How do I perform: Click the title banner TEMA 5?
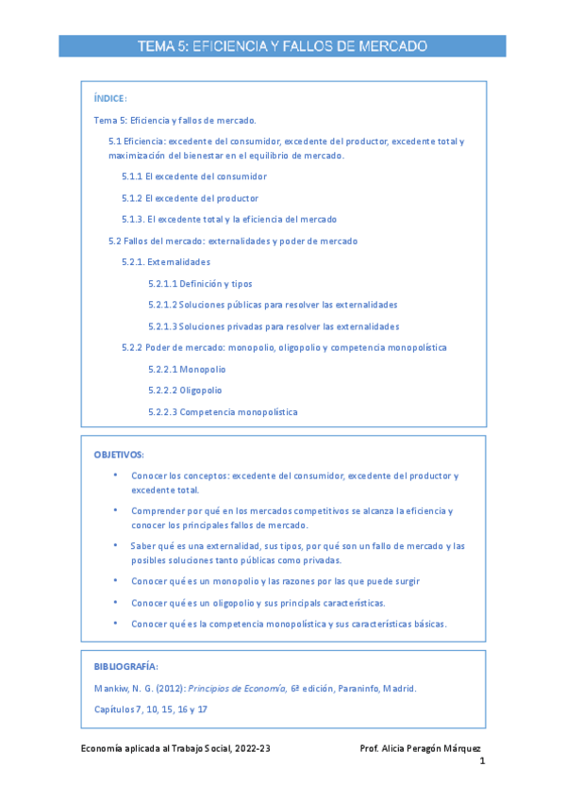tap(282, 46)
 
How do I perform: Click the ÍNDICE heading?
tap(110, 98)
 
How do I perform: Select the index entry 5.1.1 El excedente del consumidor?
tap(194, 176)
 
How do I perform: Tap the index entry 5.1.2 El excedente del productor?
tap(190, 198)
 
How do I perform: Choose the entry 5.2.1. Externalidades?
tap(166, 262)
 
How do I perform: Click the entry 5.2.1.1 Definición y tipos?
tap(200, 283)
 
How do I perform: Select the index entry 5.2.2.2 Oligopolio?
tap(188, 391)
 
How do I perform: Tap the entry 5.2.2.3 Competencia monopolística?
tap(223, 412)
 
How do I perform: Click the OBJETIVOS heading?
tap(119, 455)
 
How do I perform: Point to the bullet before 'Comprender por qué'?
tap(116, 510)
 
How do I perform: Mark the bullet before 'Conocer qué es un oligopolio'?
tap(116, 602)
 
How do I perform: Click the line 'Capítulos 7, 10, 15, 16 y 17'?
tap(150, 708)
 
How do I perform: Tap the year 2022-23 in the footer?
tap(253, 748)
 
